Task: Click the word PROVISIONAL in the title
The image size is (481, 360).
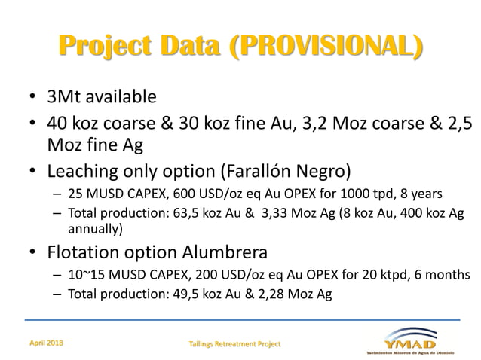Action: click(x=323, y=46)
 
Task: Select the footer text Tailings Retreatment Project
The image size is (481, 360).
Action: click(x=234, y=343)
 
